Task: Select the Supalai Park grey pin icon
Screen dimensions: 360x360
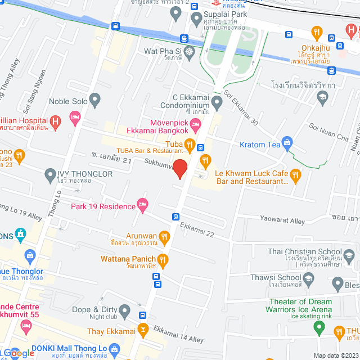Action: pyautogui.click(x=196, y=19)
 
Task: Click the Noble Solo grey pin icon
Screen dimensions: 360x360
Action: pyautogui.click(x=94, y=101)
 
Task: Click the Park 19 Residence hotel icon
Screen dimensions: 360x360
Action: pyautogui.click(x=143, y=205)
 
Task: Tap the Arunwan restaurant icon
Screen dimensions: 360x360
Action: pyautogui.click(x=165, y=236)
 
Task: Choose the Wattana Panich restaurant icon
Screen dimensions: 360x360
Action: pyautogui.click(x=163, y=259)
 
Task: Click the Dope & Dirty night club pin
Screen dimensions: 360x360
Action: pyautogui.click(x=125, y=310)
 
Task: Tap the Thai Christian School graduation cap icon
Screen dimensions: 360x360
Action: pyautogui.click(x=349, y=251)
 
